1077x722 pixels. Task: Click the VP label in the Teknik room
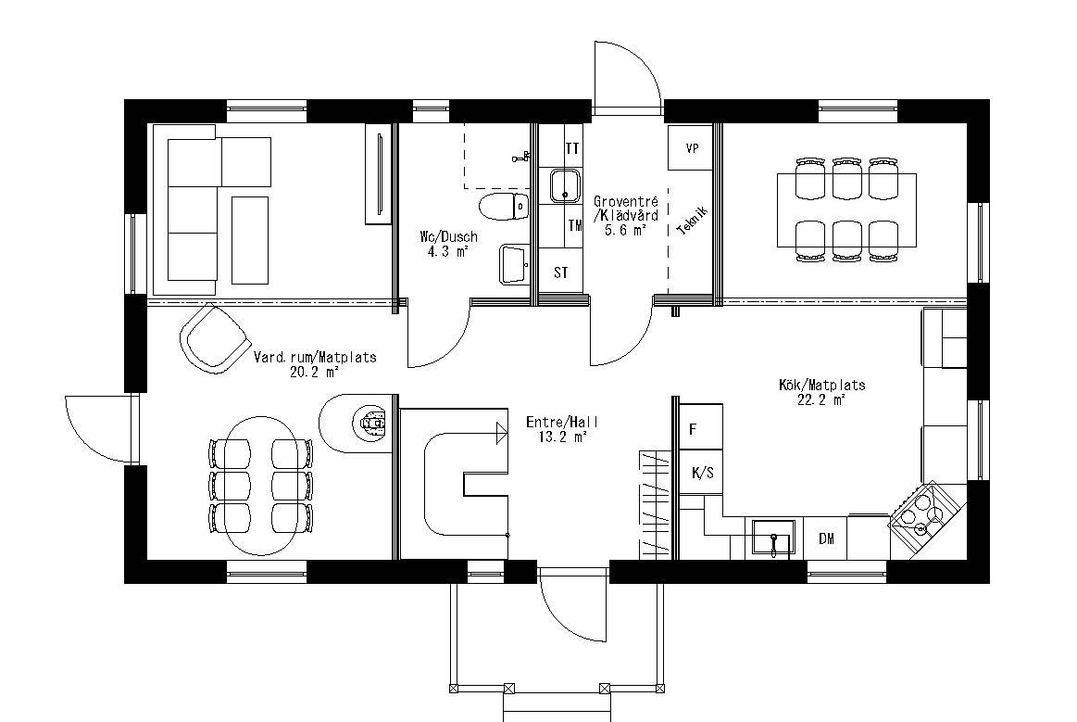(x=692, y=148)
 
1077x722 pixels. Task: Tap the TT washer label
(x=573, y=148)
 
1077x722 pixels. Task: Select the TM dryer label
(x=574, y=225)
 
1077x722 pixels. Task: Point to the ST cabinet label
(x=561, y=273)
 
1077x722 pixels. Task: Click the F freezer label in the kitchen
(x=692, y=429)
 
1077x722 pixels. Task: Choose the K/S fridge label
(x=703, y=473)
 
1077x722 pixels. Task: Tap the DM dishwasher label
(x=826, y=538)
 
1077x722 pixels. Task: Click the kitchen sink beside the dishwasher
(x=772, y=538)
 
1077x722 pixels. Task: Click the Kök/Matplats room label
(x=821, y=385)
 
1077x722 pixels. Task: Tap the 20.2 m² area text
(x=315, y=372)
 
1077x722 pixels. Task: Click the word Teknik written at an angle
(x=694, y=221)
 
